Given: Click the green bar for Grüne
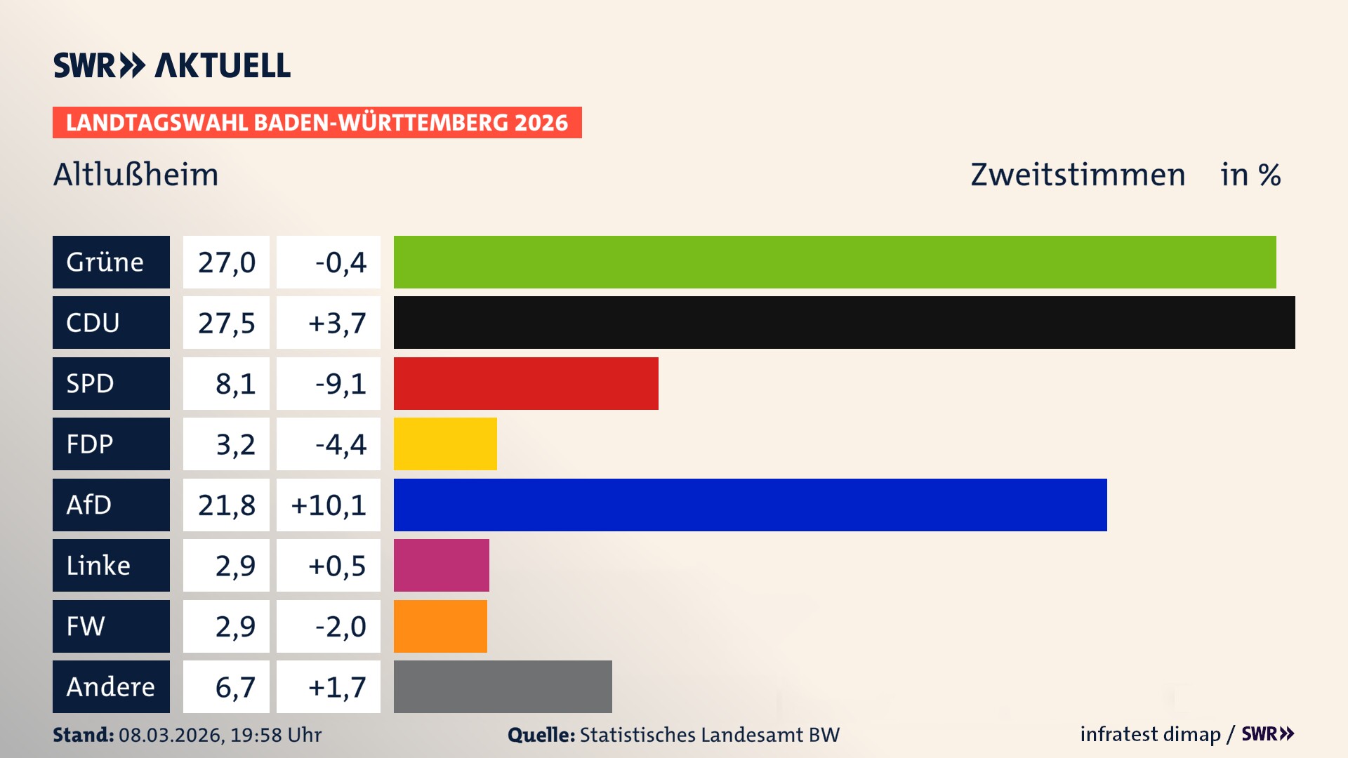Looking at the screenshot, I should click(x=834, y=262).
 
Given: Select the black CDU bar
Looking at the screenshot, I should click(x=844, y=322).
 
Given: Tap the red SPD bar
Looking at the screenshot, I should click(x=526, y=383).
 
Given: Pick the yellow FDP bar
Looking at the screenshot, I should click(x=445, y=444).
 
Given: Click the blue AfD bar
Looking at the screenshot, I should click(x=750, y=505).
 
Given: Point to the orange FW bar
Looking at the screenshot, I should click(x=440, y=626).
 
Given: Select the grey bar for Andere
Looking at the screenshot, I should click(x=503, y=686).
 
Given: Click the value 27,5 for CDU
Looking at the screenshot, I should click(x=226, y=323).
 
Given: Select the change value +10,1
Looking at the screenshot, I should click(x=329, y=505).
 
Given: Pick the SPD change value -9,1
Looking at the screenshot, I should click(x=341, y=383).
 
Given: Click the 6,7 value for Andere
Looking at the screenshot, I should click(x=235, y=686).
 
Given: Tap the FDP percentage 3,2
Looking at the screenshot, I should click(x=235, y=444).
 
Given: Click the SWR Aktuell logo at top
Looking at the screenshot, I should click(x=172, y=65).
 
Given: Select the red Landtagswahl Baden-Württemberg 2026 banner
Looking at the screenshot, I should click(x=317, y=122).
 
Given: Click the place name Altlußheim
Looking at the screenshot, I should click(x=136, y=174).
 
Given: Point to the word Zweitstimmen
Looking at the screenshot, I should click(x=1078, y=174).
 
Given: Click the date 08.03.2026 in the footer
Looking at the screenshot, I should click(x=171, y=735).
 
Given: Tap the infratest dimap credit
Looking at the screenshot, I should click(x=1150, y=734).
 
